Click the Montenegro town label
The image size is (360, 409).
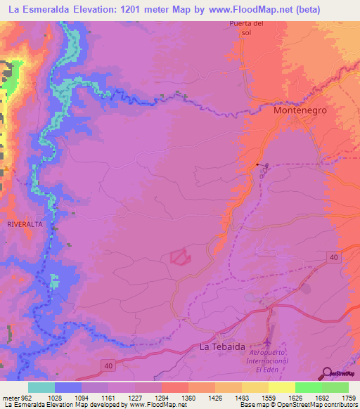click(300, 111)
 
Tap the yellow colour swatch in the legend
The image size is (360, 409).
click(282, 387)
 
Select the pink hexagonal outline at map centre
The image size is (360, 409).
click(181, 257)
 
